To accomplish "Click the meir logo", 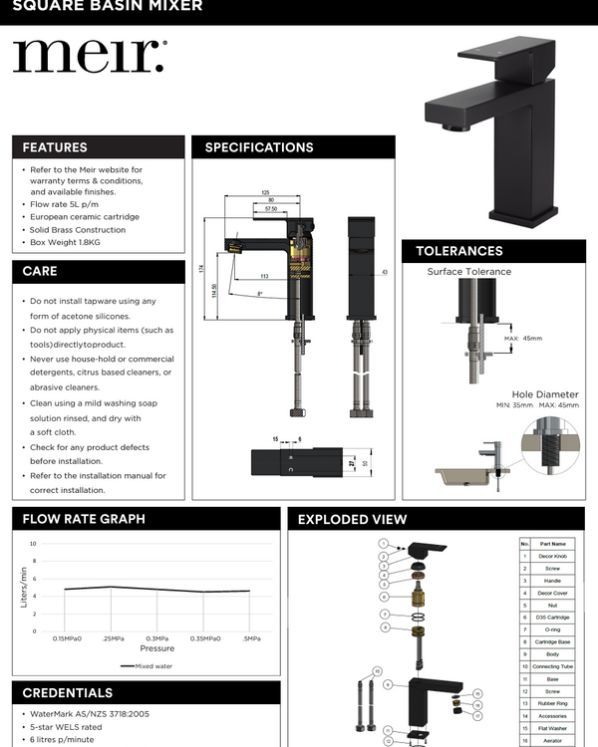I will point(89,57).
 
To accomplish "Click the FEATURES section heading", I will point(55,147).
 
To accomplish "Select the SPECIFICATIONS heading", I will point(259,147).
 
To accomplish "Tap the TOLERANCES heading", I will point(458,251).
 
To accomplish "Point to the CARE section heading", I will point(40,271).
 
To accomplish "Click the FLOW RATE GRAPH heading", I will point(84,519).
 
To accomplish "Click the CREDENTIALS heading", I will point(67,692).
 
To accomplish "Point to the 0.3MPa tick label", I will point(156,638).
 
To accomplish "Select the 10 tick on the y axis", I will point(33,544).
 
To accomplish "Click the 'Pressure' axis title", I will point(156,648).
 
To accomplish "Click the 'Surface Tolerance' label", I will point(468,271).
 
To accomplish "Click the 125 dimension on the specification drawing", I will point(266,192).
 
